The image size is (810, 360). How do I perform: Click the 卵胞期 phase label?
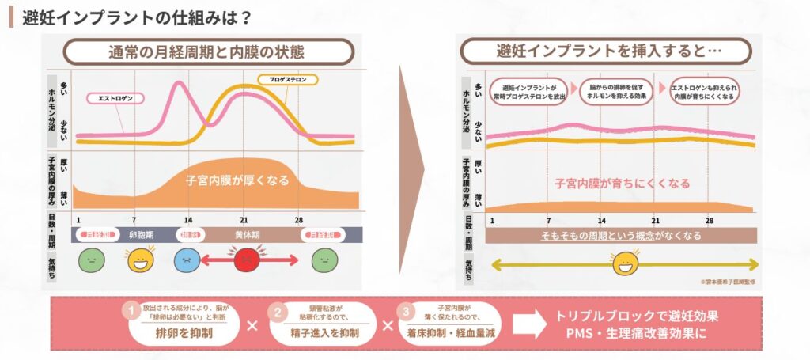143,235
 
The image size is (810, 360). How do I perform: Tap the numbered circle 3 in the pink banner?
408,310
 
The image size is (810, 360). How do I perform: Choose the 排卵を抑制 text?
184,333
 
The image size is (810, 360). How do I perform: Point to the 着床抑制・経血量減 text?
452,333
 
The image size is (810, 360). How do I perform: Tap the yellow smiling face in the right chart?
626,261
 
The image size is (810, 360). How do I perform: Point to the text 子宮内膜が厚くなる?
237,180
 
